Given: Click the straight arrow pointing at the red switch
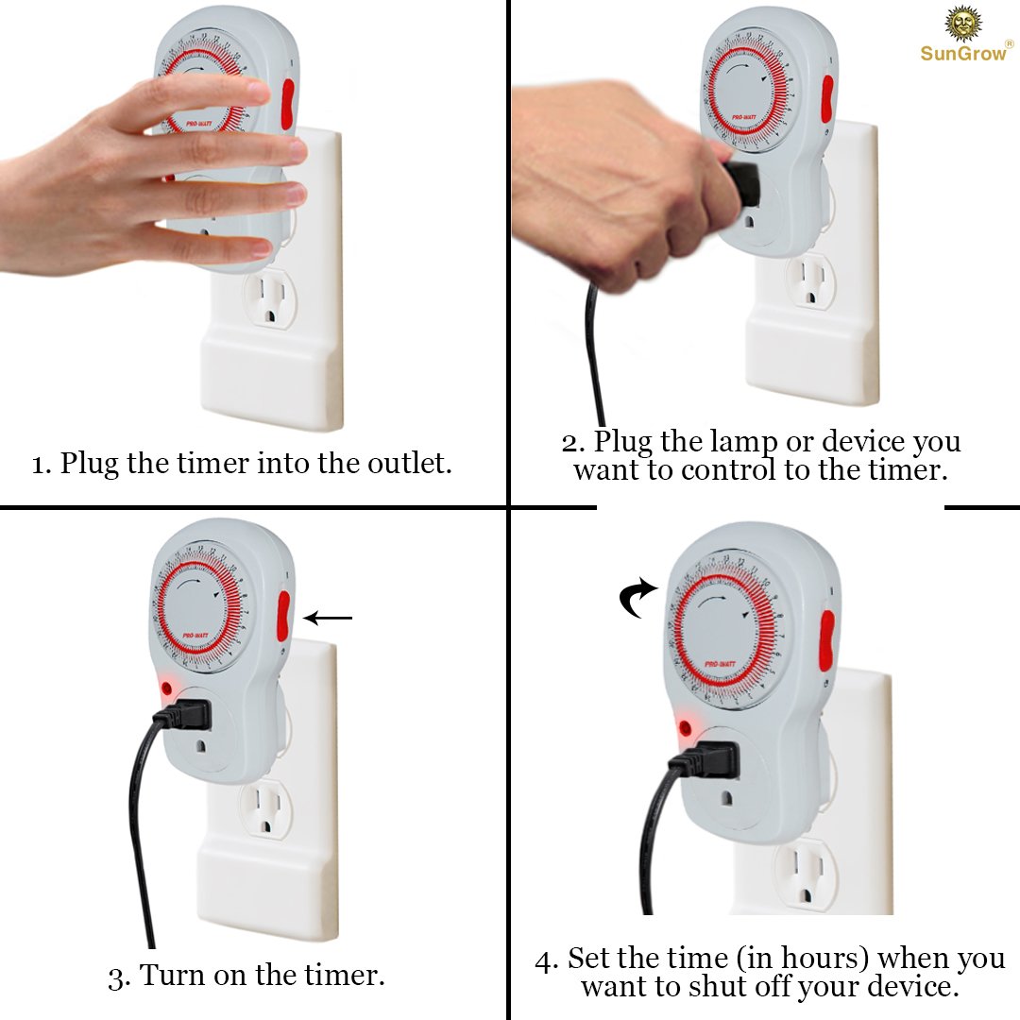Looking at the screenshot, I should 328,619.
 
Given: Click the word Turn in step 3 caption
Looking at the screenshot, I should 176,975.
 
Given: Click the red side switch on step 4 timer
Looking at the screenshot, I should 826,639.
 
